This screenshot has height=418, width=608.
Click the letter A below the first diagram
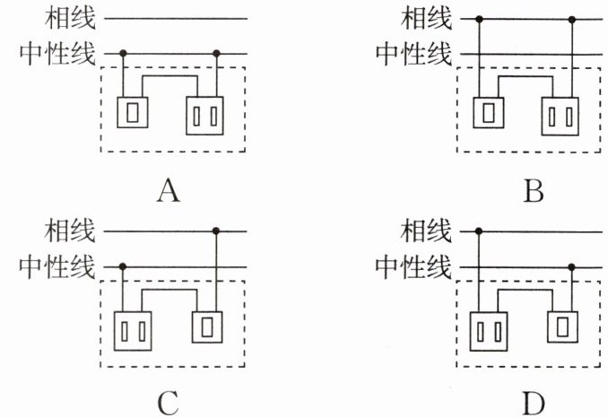click(169, 190)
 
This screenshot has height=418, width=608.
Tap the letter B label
click(534, 191)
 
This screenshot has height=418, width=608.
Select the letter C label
click(169, 404)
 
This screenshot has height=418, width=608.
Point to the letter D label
click(534, 404)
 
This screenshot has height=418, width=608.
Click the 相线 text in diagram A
click(70, 18)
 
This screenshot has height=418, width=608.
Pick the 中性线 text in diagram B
click(413, 54)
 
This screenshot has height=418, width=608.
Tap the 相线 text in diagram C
click(70, 231)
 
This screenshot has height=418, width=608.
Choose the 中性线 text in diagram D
click(413, 266)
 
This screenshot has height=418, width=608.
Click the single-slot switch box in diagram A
click(133, 112)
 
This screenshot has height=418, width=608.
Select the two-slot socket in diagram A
click(204, 116)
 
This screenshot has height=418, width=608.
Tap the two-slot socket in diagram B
click(560, 116)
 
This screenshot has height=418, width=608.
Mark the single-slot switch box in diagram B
click(489, 113)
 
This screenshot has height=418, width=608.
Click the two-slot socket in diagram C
click(133, 331)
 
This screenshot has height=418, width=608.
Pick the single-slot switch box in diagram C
click(207, 327)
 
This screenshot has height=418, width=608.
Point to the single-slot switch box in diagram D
click(562, 327)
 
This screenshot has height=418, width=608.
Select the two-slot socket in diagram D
click(489, 331)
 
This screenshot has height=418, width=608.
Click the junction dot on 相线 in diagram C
click(216, 231)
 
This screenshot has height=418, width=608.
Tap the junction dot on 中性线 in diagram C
click(123, 266)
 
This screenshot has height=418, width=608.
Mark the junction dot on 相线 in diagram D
click(479, 231)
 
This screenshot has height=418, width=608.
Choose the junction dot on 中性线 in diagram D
click(571, 266)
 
